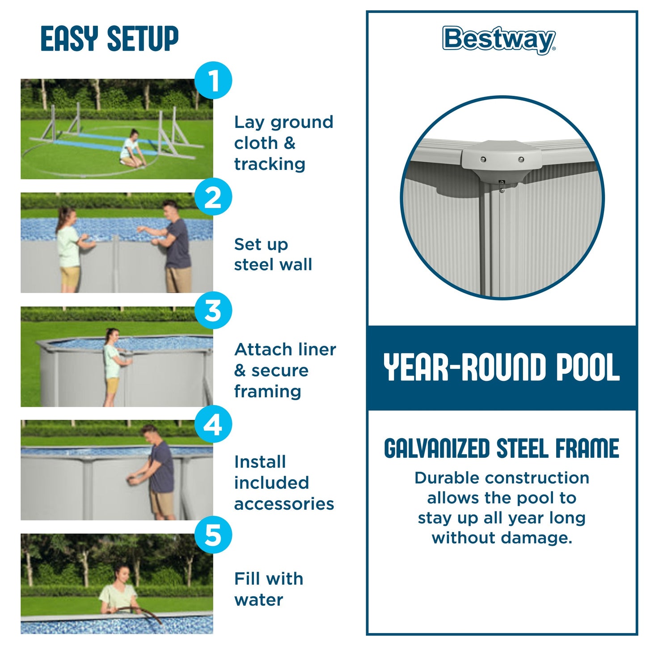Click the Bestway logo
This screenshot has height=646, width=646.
(499, 39)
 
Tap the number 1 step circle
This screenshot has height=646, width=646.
(213, 80)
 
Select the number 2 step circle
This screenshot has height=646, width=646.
(213, 197)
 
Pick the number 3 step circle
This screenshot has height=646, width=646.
(213, 310)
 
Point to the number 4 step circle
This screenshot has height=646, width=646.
(213, 424)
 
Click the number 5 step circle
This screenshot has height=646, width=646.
(213, 535)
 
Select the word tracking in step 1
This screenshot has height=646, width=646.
(270, 164)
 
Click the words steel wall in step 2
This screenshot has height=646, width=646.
(273, 265)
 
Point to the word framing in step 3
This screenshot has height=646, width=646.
(267, 392)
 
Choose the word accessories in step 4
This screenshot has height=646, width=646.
(284, 504)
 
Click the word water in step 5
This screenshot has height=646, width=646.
(258, 600)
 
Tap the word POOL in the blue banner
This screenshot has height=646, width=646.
(587, 367)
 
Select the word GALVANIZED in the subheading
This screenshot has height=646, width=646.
(437, 449)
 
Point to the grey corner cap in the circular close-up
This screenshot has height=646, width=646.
(502, 161)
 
